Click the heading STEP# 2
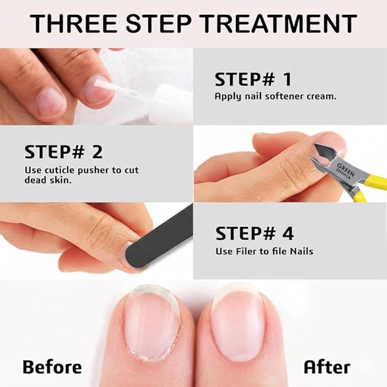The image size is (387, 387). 63,152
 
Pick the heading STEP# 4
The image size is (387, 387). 254,233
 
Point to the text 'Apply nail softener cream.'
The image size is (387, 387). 275,96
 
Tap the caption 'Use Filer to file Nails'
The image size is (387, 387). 264,251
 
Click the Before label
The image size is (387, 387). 52,366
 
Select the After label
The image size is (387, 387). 326,366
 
